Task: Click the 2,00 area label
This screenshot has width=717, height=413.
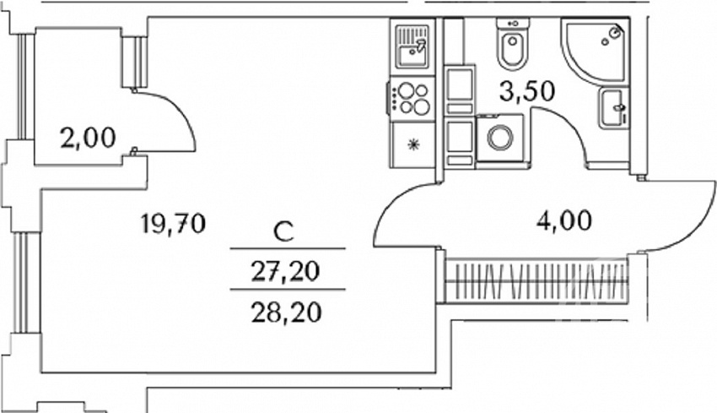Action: [89, 138]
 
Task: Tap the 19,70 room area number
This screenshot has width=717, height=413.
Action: [173, 225]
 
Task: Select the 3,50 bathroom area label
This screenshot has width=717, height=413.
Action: [527, 91]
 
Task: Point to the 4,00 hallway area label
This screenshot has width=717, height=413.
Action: [563, 220]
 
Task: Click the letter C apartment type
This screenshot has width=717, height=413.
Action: [283, 232]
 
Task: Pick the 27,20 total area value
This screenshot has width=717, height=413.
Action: [286, 272]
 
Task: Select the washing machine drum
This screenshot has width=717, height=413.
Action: [499, 138]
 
